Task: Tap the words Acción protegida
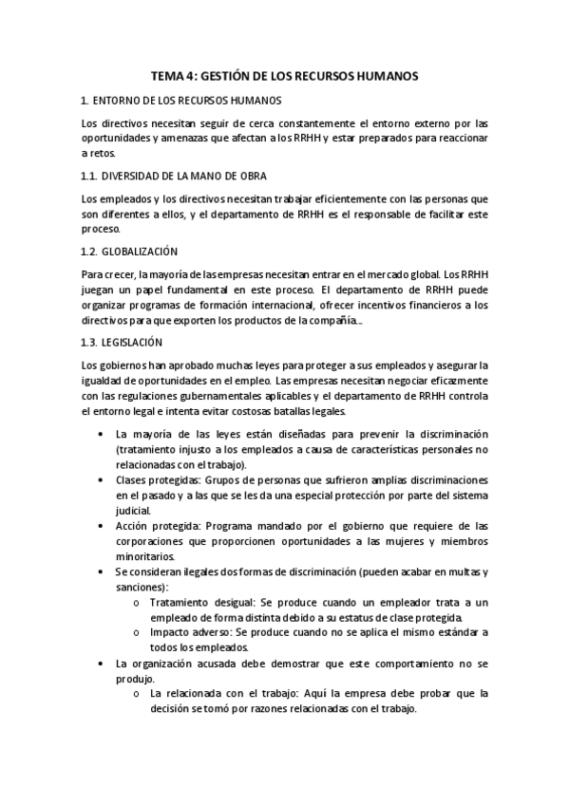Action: click(148, 526)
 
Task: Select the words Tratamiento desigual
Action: click(190, 603)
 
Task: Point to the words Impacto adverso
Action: click(183, 632)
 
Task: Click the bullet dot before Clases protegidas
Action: click(102, 480)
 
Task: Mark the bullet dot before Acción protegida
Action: click(102, 526)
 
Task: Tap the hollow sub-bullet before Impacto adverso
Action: click(138, 633)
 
